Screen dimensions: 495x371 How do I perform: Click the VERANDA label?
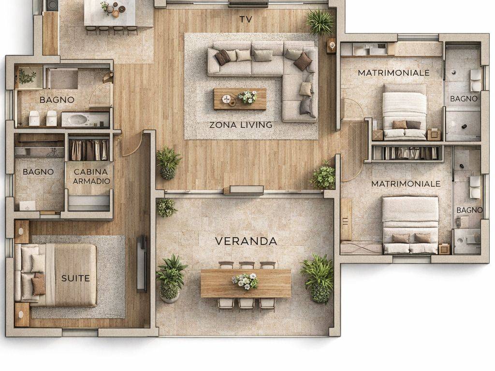(x=246, y=242)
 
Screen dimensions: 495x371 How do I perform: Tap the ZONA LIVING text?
(x=241, y=125)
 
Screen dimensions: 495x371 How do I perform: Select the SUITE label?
(x=75, y=278)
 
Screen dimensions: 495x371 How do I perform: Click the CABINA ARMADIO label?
(x=91, y=176)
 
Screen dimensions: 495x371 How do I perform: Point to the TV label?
(x=246, y=19)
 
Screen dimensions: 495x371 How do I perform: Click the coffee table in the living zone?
(x=240, y=99)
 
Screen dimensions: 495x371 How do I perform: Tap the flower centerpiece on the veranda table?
(x=245, y=281)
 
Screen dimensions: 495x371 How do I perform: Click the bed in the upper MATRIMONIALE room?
(x=404, y=112)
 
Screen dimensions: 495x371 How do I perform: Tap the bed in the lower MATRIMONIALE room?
(x=410, y=225)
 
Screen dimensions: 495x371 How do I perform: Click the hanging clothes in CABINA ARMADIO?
(x=89, y=150)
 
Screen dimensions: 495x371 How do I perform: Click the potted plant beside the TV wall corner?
(x=320, y=21)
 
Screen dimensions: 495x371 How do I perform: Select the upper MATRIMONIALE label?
(x=393, y=73)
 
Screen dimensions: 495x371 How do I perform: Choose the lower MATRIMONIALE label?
(x=406, y=184)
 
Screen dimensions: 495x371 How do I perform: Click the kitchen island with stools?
(x=111, y=16)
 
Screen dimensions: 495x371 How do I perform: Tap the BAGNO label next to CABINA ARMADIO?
(x=38, y=172)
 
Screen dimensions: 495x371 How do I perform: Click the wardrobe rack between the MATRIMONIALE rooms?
(x=406, y=153)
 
